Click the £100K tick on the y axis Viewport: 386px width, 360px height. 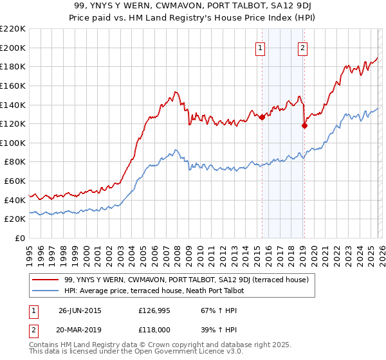click(13, 143)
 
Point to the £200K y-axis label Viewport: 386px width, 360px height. click(13, 48)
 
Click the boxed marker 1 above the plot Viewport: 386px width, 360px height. click(261, 47)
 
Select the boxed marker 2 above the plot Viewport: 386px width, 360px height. click(302, 47)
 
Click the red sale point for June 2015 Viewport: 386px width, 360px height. click(262, 117)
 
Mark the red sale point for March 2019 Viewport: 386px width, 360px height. click(304, 126)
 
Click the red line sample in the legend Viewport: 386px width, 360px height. click(46, 280)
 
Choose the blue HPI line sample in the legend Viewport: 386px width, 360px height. click(46, 291)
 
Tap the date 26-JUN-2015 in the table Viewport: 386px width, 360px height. click(80, 310)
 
